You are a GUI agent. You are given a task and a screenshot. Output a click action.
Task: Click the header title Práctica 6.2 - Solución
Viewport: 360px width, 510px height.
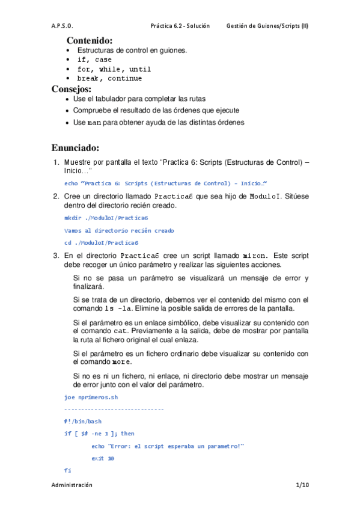[180, 26]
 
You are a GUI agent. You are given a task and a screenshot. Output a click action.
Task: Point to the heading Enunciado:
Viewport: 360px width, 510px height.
[75, 148]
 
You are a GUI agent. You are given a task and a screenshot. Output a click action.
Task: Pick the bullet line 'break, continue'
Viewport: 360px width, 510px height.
[110, 78]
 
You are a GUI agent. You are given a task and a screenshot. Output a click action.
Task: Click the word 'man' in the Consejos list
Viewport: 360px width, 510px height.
[94, 123]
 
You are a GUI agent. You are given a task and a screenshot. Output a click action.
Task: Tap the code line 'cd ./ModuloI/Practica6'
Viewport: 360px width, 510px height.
[101, 242]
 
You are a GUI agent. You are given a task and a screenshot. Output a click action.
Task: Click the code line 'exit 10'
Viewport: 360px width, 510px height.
[103, 458]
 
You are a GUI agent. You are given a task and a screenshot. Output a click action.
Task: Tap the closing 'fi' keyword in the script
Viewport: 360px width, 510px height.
[67, 469]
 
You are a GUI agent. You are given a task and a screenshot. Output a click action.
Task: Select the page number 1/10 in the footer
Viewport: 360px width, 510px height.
[302, 485]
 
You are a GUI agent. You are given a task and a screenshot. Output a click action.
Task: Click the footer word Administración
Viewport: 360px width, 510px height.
[72, 485]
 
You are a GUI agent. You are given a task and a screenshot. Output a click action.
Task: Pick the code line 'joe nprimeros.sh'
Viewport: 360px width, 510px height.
[90, 397]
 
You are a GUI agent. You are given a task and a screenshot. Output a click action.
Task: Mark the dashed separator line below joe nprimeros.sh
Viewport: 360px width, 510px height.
[114, 409]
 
